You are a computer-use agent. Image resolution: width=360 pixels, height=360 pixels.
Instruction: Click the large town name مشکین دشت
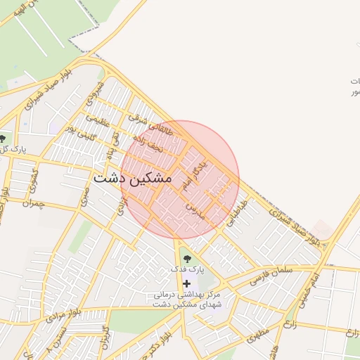pyautogui.click(x=132, y=179)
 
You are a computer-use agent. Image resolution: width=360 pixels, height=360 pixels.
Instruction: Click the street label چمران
pyautogui.click(x=33, y=205)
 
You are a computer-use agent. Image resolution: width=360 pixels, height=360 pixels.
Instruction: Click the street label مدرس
pyautogui.click(x=194, y=211)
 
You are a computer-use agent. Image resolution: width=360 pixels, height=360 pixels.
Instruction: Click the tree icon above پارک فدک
pyautogui.click(x=186, y=259)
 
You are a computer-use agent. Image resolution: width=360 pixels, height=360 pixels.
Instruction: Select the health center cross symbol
pyautogui.click(x=186, y=283)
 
